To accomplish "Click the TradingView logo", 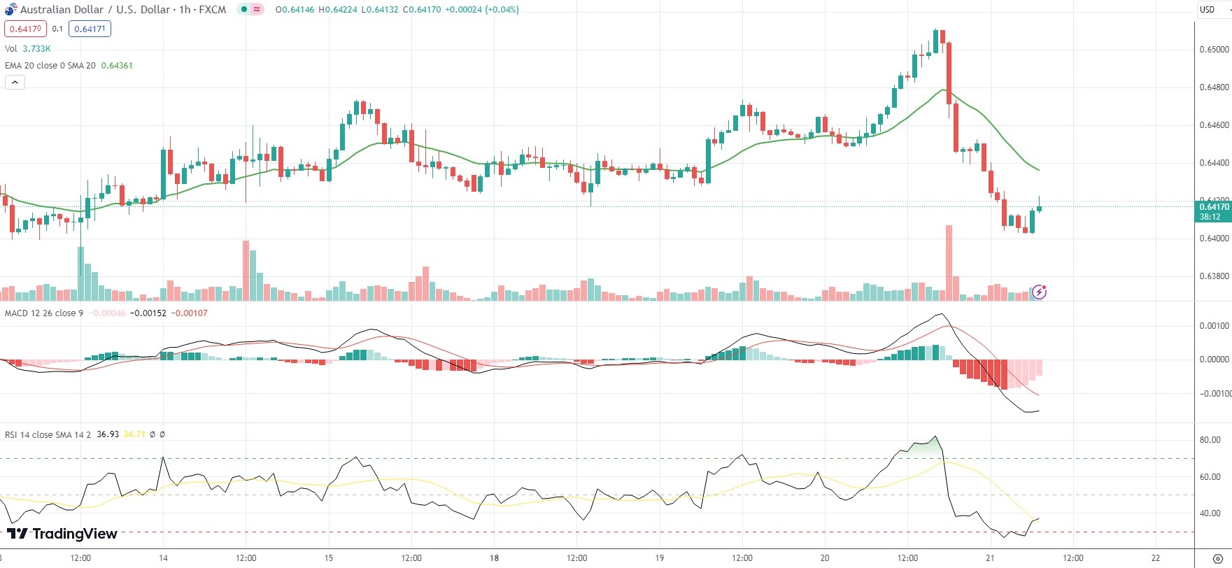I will (62, 534).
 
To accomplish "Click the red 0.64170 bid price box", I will (25, 29).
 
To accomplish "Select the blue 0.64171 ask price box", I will (90, 29).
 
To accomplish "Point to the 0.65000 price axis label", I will (1214, 50).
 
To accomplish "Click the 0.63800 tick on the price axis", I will (1214, 276).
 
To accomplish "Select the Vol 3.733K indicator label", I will (28, 49).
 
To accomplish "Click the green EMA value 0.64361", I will (117, 66).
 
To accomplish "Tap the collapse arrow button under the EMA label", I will (15, 82).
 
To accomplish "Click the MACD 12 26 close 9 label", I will (43, 313).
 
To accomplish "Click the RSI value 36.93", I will (108, 434).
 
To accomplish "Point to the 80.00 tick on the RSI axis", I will (1210, 440).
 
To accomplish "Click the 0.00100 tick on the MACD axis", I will (1214, 326).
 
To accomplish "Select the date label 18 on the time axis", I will (494, 558).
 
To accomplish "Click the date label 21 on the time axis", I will (990, 558).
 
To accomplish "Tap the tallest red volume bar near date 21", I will (949, 262).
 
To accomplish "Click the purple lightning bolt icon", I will (1040, 292).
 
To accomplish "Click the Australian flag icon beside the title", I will (10, 9).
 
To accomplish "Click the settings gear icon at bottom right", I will (1217, 558).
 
